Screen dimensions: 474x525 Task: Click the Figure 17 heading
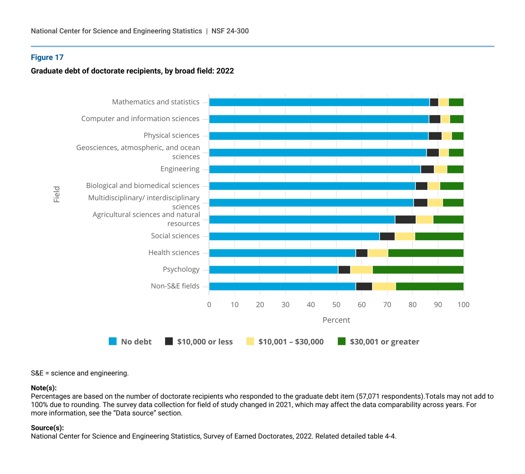pos(47,57)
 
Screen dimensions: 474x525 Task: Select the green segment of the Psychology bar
pos(418,270)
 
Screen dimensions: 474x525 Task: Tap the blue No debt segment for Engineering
pos(315,169)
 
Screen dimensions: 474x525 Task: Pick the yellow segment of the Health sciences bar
pos(378,253)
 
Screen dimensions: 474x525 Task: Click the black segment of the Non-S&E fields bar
pos(364,286)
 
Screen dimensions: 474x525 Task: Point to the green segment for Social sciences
pos(439,236)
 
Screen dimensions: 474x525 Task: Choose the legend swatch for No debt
pos(113,341)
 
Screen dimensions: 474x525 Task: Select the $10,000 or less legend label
pos(205,342)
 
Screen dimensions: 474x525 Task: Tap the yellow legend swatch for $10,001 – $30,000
pos(250,341)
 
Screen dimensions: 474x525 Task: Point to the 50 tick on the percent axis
pos(336,305)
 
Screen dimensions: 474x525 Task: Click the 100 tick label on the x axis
pos(463,305)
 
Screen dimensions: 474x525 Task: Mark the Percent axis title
pos(336,320)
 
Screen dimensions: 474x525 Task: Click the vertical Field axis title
pos(57,194)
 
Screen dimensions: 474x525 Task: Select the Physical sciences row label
pos(171,136)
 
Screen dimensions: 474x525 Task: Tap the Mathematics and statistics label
pos(156,102)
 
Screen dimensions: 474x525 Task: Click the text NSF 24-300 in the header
pos(230,31)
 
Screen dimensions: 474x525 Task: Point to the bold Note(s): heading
pos(44,388)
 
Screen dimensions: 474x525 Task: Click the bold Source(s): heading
pos(47,428)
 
